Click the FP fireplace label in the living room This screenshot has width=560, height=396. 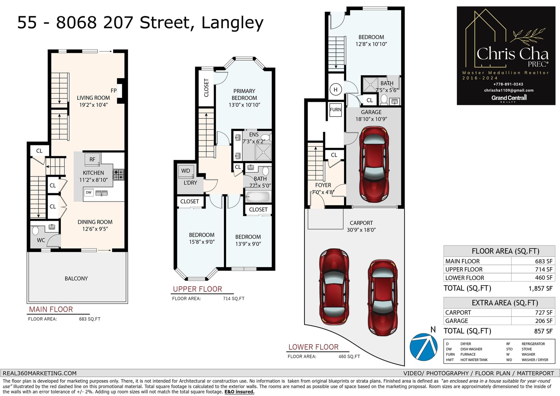click(113, 91)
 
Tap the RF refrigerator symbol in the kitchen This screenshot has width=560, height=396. click(92, 159)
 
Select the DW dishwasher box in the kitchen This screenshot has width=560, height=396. click(89, 192)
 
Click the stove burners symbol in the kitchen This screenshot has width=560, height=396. click(119, 175)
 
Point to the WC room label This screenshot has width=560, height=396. click(41, 241)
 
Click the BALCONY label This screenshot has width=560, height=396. click(76, 278)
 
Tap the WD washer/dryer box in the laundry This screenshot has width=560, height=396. click(186, 171)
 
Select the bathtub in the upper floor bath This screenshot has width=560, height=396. click(258, 197)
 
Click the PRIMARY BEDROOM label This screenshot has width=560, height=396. click(244, 94)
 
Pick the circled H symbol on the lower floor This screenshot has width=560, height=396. click(336, 89)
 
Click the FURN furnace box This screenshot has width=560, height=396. click(335, 110)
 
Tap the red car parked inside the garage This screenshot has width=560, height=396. click(374, 165)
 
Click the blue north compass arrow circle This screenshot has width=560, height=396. click(423, 347)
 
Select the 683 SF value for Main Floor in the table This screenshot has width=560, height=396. click(544, 261)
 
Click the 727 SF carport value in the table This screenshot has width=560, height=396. click(544, 312)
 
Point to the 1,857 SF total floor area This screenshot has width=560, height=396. click(540, 289)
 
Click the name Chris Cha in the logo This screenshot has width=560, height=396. click(512, 54)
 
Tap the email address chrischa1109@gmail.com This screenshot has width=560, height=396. click(509, 90)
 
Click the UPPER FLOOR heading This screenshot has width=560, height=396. click(197, 289)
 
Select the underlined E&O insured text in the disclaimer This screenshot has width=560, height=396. click(239, 392)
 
